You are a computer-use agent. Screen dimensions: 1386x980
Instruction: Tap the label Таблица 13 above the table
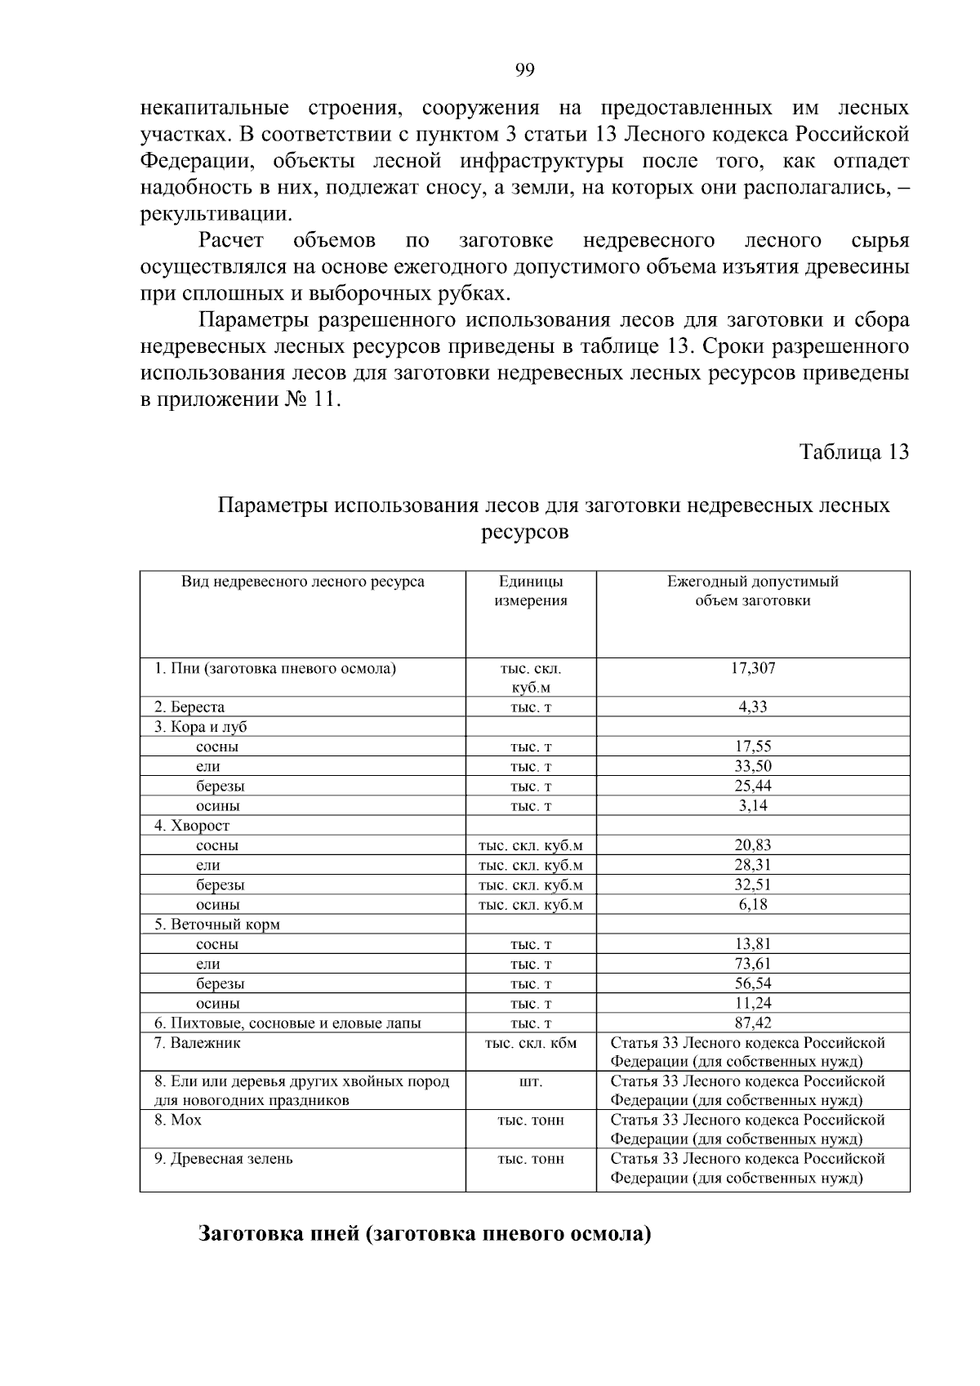click(853, 452)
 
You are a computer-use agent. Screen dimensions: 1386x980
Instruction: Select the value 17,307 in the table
click(752, 668)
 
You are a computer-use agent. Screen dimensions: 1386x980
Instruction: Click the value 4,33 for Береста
click(752, 706)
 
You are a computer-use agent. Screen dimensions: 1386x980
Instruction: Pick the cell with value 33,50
click(752, 766)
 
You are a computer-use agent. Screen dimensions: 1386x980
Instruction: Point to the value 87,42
click(752, 1023)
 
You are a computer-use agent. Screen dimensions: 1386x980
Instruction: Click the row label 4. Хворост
click(192, 826)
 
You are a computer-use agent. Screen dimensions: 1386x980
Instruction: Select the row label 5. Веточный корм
click(216, 925)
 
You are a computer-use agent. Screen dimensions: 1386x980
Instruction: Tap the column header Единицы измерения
click(530, 591)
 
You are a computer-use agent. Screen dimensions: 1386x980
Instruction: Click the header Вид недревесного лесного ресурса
click(302, 582)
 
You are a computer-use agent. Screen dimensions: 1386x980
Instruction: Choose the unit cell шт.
click(530, 1081)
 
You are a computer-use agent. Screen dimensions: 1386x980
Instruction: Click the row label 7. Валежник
click(197, 1043)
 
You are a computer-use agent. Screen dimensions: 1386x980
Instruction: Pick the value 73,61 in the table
click(752, 964)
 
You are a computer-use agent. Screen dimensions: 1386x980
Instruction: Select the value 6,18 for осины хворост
click(752, 904)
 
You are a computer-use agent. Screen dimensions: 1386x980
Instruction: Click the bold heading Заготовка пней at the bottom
click(425, 1233)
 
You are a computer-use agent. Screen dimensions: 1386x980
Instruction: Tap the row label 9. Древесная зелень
click(223, 1159)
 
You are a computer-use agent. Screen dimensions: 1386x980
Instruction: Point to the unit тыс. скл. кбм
click(530, 1043)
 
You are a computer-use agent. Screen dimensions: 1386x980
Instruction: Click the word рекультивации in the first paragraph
click(214, 215)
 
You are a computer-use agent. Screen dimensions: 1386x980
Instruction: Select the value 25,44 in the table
click(752, 786)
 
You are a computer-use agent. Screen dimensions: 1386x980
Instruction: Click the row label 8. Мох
click(178, 1120)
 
